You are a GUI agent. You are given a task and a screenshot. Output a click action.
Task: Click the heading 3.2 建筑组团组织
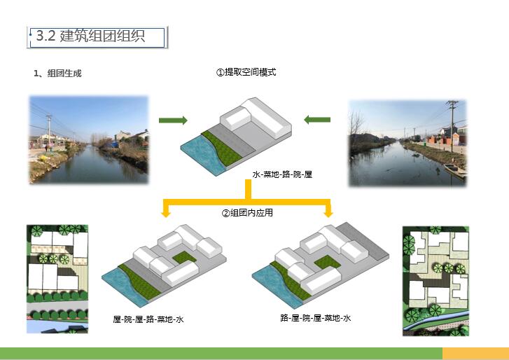pyautogui.click(x=90, y=36)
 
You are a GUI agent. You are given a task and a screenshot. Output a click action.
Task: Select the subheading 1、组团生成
pyautogui.click(x=57, y=74)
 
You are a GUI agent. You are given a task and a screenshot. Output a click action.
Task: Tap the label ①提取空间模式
pyautogui.click(x=246, y=72)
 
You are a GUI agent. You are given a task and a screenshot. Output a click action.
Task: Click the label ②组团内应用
pyautogui.click(x=247, y=213)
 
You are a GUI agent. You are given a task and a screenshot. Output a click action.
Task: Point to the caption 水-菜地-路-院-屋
pyautogui.click(x=282, y=174)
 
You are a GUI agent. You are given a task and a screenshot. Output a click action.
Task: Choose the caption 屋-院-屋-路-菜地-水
pyautogui.click(x=148, y=319)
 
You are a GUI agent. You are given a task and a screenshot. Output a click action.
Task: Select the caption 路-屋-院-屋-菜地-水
pyautogui.click(x=316, y=318)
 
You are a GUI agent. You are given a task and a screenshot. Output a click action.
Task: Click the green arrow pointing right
pyautogui.click(x=173, y=120)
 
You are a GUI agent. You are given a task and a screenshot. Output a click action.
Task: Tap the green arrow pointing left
pyautogui.click(x=317, y=120)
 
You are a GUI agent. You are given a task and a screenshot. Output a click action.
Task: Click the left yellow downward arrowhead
pyautogui.click(x=166, y=213)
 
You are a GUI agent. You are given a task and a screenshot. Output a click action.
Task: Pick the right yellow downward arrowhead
pyautogui.click(x=328, y=213)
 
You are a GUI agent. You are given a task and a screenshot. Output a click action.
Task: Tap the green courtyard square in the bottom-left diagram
pyautogui.click(x=184, y=257)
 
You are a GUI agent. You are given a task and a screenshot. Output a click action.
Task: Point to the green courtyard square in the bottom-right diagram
pyautogui.click(x=327, y=262)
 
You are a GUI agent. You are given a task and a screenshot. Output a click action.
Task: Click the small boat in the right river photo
pyautogui.click(x=454, y=170)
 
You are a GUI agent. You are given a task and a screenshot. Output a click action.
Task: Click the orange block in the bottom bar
pyautogui.click(x=475, y=353)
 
